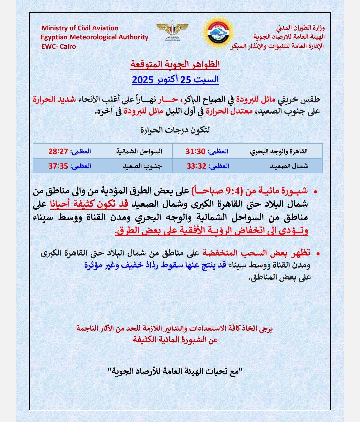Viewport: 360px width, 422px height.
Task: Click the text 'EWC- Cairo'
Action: click(59, 46)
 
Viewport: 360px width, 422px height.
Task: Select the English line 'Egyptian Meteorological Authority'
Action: click(95, 37)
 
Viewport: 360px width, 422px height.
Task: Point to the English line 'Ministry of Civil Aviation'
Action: click(80, 28)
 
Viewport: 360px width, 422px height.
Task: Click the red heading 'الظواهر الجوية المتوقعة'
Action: click(175, 64)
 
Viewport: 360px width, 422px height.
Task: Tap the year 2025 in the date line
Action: click(143, 80)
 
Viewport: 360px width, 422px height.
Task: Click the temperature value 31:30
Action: click(195, 151)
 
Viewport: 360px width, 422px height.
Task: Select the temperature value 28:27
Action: click(58, 151)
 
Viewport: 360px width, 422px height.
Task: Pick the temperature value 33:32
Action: click(196, 166)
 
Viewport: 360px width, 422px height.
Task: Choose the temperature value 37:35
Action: click(58, 166)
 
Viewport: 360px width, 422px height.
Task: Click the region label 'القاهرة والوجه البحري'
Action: click(279, 151)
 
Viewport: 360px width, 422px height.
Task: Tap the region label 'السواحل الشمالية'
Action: click(139, 151)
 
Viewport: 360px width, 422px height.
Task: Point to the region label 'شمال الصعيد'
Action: click(289, 166)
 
